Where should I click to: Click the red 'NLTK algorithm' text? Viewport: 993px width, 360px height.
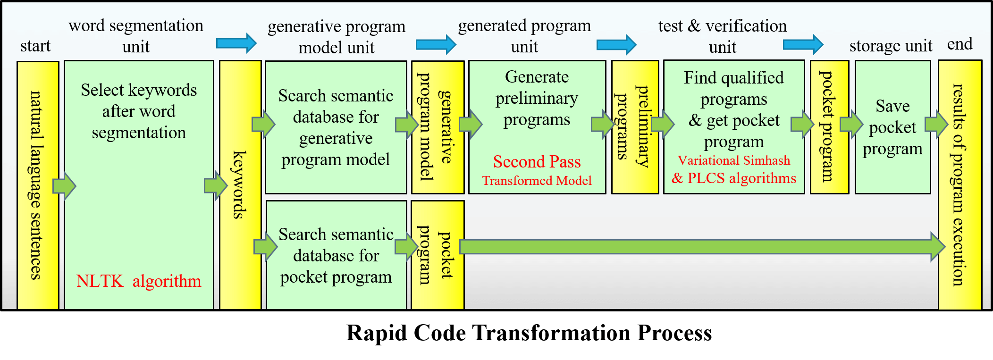[x=138, y=281]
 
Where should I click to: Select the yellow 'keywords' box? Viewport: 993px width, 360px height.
[x=240, y=184]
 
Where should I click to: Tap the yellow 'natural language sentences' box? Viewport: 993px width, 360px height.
[x=38, y=185]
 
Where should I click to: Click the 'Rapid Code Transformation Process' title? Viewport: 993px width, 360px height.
[x=529, y=333]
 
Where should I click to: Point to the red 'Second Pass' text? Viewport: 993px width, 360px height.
[x=537, y=162]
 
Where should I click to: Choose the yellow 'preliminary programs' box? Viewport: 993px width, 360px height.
[x=635, y=127]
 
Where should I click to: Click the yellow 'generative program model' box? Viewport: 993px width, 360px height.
[x=438, y=127]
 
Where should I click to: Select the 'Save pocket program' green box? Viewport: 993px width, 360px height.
[x=892, y=127]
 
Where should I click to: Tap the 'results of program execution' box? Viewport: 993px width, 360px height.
[x=959, y=184]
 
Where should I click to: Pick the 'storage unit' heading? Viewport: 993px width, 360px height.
[x=891, y=46]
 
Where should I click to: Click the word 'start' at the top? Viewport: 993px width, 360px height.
[x=35, y=46]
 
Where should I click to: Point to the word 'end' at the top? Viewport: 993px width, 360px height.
[x=959, y=44]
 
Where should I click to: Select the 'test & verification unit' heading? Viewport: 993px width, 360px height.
[x=722, y=36]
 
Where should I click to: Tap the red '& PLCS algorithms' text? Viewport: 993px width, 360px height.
[x=734, y=178]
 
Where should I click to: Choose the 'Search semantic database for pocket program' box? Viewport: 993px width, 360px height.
[x=336, y=255]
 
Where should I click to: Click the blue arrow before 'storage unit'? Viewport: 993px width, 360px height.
[x=803, y=45]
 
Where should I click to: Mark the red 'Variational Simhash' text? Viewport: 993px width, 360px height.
[x=734, y=160]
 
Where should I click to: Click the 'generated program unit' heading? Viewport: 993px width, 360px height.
[x=524, y=36]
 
